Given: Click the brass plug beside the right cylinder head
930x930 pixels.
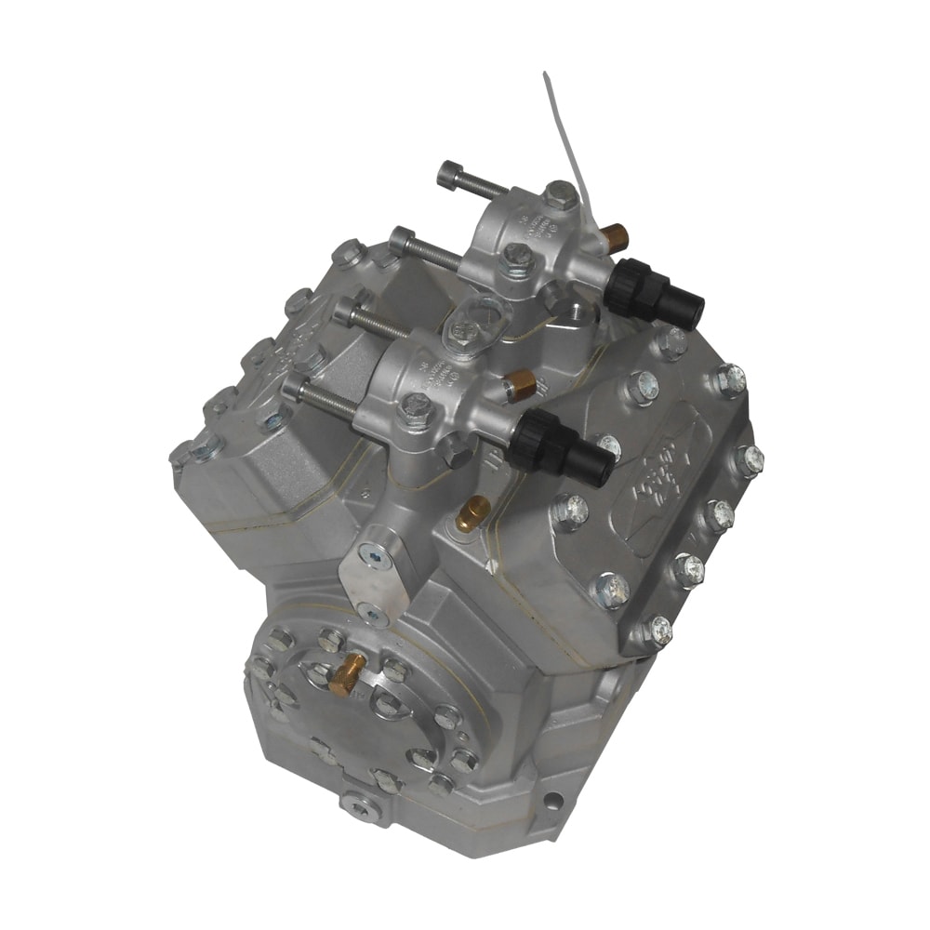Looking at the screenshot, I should pos(473,512).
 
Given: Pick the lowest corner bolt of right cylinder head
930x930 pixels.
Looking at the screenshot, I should pos(658,631).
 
